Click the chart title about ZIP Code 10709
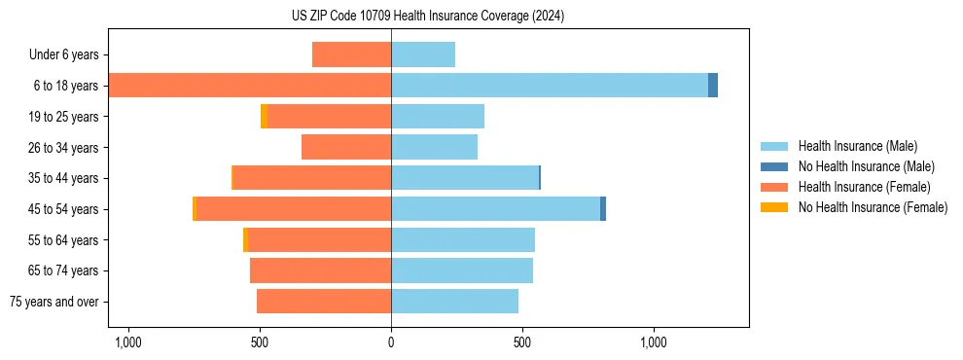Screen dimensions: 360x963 pyautogui.click(x=427, y=17)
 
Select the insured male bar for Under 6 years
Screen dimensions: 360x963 pyautogui.click(x=423, y=54)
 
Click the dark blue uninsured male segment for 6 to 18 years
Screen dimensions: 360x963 pyautogui.click(x=713, y=86)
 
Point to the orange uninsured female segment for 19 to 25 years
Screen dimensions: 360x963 pyautogui.click(x=264, y=117)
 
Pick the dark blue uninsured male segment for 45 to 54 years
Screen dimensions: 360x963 pyautogui.click(x=603, y=209)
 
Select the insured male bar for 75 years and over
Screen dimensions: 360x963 pyautogui.click(x=454, y=302)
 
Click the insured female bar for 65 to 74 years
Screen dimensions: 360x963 pyautogui.click(x=320, y=270)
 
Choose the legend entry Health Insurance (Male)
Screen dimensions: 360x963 pyautogui.click(x=857, y=146)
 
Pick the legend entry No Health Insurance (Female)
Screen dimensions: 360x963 pyautogui.click(x=873, y=207)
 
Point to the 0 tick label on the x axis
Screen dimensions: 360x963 pyautogui.click(x=391, y=342)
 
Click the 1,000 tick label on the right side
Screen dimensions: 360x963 pyautogui.click(x=653, y=342)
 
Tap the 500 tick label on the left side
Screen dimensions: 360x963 pyautogui.click(x=260, y=342)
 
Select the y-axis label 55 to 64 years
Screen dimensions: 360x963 pyautogui.click(x=64, y=240)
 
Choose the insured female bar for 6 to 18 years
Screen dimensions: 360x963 pyautogui.click(x=250, y=86)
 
